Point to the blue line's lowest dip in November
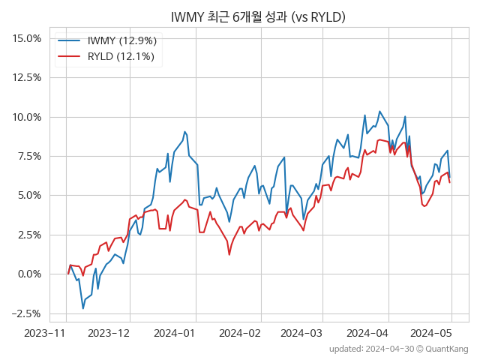[82, 308]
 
